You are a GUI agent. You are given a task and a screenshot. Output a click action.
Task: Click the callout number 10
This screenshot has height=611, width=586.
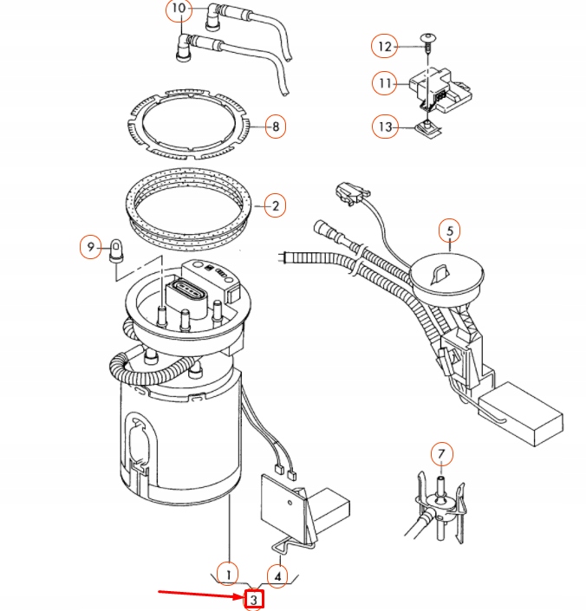(x=178, y=10)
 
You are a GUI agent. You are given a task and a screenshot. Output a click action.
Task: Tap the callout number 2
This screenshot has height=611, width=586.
(x=275, y=206)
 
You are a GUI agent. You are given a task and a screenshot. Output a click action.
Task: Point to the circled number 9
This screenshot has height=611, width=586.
(x=90, y=247)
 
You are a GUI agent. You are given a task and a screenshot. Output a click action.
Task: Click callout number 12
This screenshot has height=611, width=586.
(x=384, y=45)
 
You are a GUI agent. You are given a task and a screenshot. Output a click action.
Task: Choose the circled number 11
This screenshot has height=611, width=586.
(x=384, y=84)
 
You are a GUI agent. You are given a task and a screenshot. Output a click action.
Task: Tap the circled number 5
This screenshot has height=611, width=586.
(x=449, y=231)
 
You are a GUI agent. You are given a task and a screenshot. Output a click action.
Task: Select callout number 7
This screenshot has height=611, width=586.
(x=441, y=453)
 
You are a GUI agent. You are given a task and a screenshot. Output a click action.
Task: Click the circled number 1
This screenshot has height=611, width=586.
(x=227, y=574)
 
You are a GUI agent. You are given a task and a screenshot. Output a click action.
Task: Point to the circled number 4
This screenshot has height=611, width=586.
(x=277, y=574)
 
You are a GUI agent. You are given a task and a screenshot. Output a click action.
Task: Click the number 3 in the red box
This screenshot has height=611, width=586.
(x=254, y=599)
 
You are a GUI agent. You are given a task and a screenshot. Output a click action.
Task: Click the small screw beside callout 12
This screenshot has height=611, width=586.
(x=428, y=37)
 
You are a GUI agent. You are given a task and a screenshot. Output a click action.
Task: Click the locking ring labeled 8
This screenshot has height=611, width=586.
(x=191, y=127)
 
